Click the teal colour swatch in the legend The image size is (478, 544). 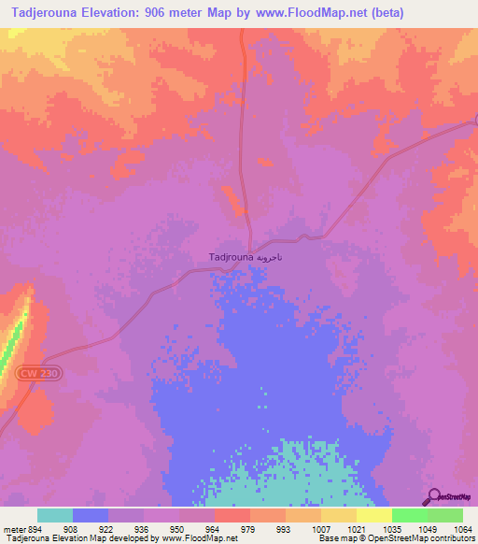[x=55, y=515]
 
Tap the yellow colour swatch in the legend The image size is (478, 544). [x=373, y=515]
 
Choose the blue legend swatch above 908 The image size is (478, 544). [x=91, y=515]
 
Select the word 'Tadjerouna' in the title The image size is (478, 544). [x=45, y=13]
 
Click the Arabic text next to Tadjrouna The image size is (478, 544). [x=268, y=256]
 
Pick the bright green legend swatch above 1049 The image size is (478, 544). [x=409, y=515]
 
